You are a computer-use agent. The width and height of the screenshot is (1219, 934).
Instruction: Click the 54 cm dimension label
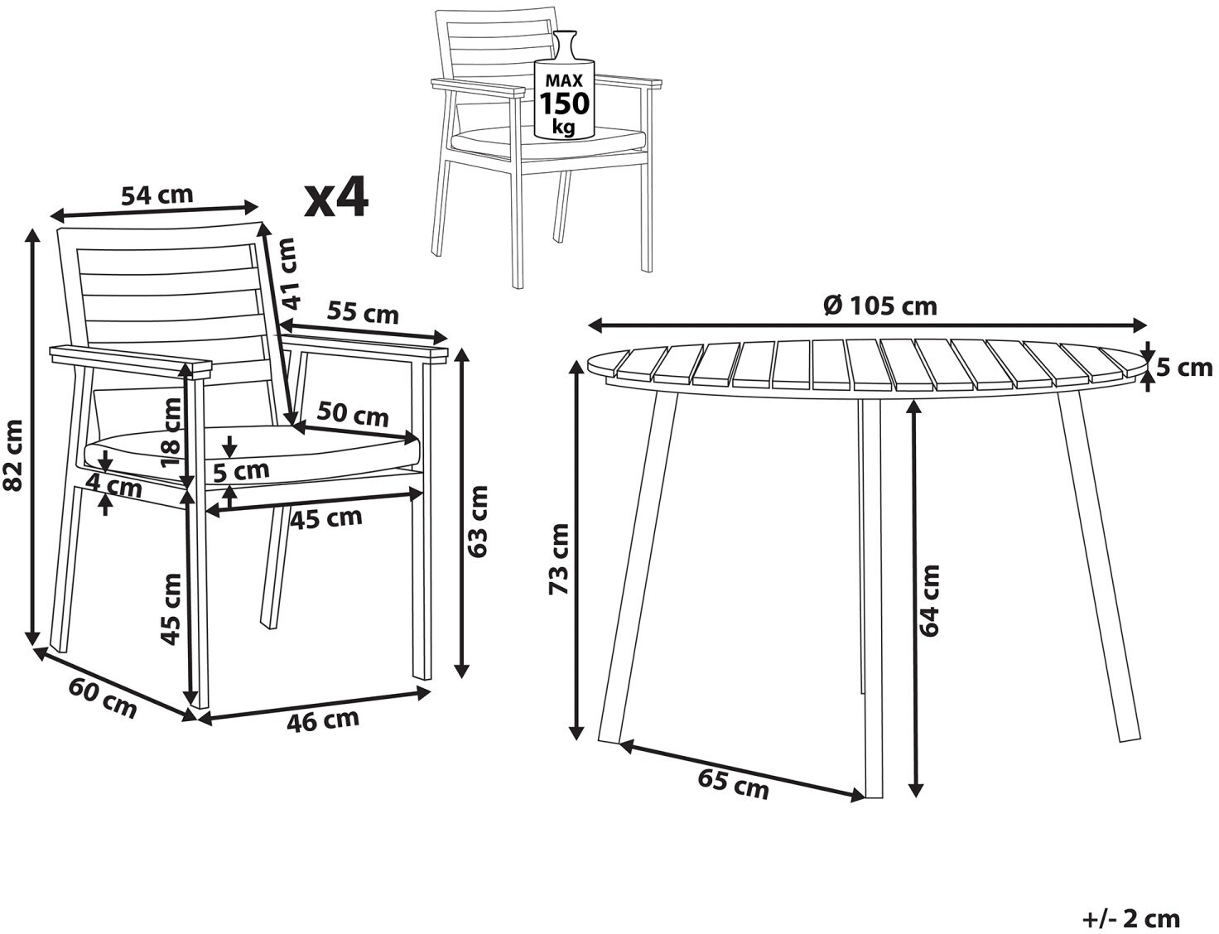click(157, 195)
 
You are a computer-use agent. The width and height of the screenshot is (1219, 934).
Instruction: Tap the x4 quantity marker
click(335, 197)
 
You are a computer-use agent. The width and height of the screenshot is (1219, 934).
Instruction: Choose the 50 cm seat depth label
click(353, 414)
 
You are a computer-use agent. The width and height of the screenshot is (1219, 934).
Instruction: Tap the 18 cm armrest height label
click(171, 432)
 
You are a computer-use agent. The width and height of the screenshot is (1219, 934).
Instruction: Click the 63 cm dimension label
click(478, 522)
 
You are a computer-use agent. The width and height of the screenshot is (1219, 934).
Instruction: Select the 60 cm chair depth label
click(103, 698)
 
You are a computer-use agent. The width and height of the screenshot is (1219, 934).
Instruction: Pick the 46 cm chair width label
click(323, 720)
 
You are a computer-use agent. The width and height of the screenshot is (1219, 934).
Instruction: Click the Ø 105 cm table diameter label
click(880, 306)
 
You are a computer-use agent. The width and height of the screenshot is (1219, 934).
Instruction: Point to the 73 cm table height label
click(559, 558)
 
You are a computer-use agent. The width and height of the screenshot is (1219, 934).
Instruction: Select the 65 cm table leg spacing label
click(733, 784)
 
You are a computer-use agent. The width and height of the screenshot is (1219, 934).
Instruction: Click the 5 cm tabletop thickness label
click(1185, 368)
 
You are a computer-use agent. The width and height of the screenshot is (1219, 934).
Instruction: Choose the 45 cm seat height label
click(171, 609)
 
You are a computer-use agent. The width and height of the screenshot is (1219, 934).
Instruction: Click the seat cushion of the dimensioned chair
click(251, 450)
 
